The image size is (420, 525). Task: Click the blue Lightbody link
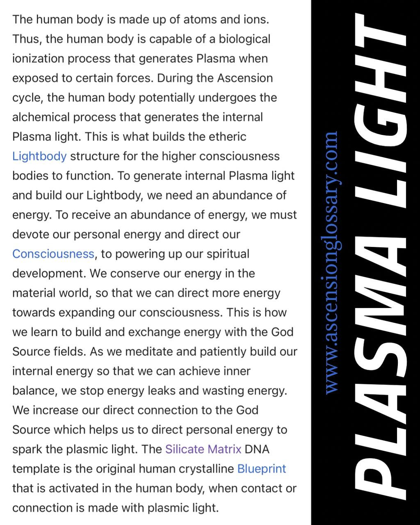(39, 156)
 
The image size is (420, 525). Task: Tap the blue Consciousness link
(53, 254)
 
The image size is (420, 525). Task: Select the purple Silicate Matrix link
(203, 449)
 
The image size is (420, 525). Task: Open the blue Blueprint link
(262, 469)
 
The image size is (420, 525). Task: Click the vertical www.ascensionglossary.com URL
(331, 262)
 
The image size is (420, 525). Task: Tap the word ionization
(38, 59)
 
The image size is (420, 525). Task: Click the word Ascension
(245, 78)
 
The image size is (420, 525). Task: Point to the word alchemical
(41, 117)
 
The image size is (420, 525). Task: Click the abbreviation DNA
(257, 449)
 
